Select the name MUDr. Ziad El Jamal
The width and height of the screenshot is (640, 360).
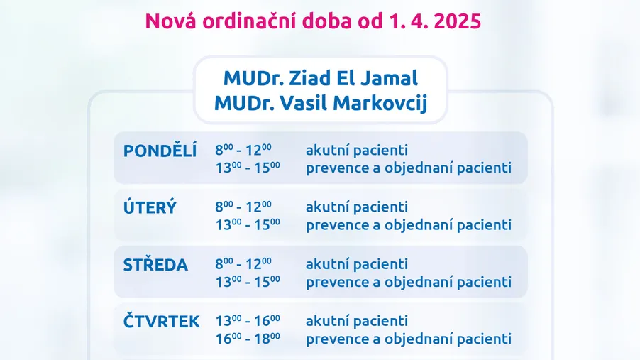tap(321, 78)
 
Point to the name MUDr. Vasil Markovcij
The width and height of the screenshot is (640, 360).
tap(321, 103)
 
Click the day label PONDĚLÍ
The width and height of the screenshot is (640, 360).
tap(160, 150)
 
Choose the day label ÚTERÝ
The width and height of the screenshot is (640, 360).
tap(150, 207)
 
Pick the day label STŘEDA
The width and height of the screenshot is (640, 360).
tap(155, 264)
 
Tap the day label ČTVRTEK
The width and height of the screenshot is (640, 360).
tap(162, 321)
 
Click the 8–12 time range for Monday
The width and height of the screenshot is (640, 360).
tap(243, 150)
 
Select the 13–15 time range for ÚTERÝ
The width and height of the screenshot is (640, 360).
tap(248, 225)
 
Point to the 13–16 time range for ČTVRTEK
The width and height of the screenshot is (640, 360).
tap(248, 321)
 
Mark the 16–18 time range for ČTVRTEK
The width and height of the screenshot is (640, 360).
tap(248, 339)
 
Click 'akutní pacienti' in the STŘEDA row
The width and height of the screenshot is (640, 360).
tap(357, 264)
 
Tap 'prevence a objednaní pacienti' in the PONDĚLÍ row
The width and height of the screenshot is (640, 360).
tap(409, 168)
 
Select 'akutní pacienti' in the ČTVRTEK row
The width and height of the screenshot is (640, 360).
tap(357, 321)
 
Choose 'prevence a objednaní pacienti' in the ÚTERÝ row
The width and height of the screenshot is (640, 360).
tap(409, 225)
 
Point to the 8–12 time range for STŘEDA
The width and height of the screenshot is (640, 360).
tap(243, 264)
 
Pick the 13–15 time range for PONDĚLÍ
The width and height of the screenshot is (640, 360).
tap(248, 168)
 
